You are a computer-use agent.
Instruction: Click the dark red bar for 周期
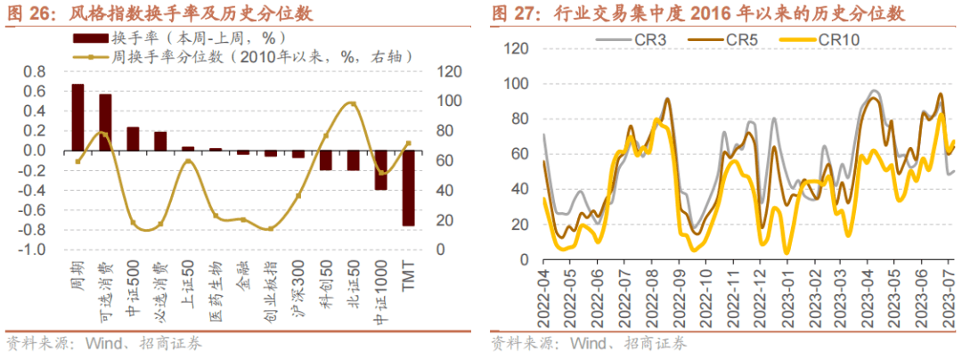tap(78, 118)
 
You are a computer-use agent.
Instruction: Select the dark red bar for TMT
tap(408, 188)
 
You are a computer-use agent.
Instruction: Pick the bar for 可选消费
tap(105, 122)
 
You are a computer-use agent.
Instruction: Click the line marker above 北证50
tap(353, 104)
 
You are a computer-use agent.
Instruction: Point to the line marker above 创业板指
tap(270, 228)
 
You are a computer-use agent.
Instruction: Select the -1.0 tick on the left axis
tap(32, 250)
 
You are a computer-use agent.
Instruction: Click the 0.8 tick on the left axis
tap(34, 71)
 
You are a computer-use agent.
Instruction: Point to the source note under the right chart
tap(589, 343)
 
